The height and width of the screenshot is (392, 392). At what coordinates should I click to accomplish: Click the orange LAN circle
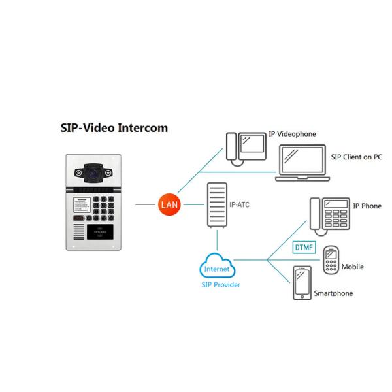(x=167, y=204)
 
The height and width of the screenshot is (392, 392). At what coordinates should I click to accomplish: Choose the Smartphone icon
(x=302, y=283)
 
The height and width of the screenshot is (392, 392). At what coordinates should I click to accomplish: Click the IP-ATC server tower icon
(x=216, y=205)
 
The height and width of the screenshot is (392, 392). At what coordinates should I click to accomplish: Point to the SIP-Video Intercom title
(x=114, y=128)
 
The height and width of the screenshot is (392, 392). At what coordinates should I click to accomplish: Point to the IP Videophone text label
(x=292, y=134)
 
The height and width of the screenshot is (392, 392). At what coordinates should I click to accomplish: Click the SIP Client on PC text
(x=356, y=157)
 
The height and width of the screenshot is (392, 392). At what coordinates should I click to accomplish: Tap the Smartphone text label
(x=333, y=293)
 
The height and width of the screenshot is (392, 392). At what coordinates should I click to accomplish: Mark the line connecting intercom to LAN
(x=145, y=204)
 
